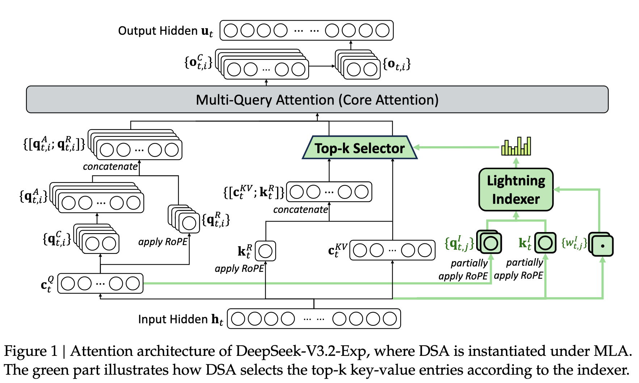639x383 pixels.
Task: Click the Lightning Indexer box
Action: coord(516,189)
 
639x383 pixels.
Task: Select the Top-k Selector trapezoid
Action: coord(359,148)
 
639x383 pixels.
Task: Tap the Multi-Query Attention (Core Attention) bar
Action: coord(317,100)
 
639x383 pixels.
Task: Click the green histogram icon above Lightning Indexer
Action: coord(516,146)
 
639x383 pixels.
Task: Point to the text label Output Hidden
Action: coord(158,31)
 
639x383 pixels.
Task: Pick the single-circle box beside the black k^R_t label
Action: coord(265,251)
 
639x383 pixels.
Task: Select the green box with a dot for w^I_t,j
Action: coord(602,246)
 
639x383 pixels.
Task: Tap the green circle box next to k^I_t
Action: coord(545,243)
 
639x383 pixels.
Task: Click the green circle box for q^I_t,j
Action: coord(490,243)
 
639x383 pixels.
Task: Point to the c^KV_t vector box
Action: coord(392,250)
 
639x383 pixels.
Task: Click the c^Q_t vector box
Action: coord(100,283)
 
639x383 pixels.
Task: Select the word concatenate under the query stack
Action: coord(110,167)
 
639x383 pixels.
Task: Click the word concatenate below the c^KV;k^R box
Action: coord(300,210)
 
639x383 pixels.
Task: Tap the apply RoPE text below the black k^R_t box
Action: coord(239,269)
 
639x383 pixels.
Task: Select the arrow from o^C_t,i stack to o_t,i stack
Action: coord(322,66)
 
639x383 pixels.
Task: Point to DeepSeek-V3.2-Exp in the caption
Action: coord(303,351)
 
